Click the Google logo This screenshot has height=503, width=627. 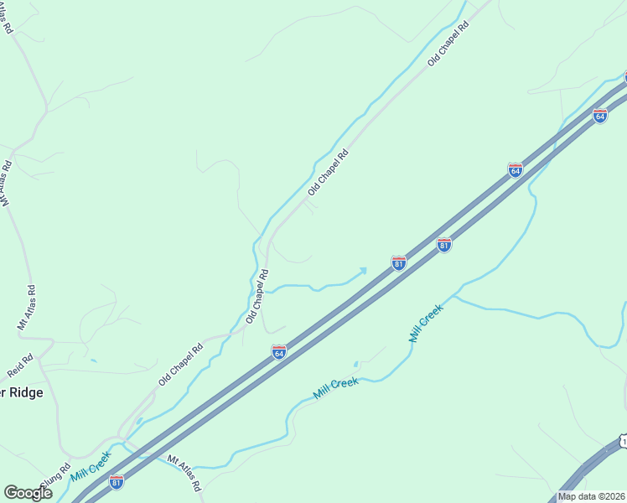point(28,493)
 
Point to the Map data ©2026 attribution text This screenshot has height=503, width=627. point(591,496)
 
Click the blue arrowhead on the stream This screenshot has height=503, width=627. point(362,270)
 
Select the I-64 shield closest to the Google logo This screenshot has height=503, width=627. point(279,352)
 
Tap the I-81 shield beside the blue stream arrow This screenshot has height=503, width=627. point(399,263)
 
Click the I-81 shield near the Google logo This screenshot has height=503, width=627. point(117,481)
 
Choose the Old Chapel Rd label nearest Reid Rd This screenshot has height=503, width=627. point(181,366)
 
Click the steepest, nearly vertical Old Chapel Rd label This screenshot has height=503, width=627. point(257,297)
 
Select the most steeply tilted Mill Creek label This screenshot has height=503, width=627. point(426,323)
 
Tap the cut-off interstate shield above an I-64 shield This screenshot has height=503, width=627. point(624,76)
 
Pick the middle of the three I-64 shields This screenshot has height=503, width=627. point(516,170)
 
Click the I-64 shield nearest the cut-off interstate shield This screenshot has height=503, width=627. point(600,116)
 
